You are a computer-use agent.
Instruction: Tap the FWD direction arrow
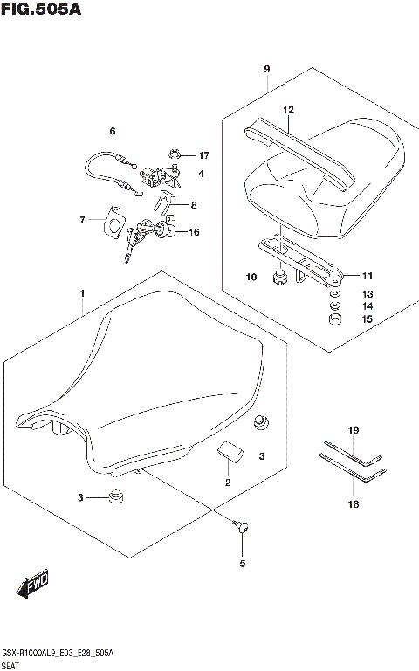tap(32, 582)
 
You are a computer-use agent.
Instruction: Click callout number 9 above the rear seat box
tap(267, 69)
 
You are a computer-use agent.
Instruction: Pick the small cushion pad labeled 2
tap(230, 455)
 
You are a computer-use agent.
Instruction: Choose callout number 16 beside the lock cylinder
tap(194, 232)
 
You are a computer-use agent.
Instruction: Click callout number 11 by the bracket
tap(367, 276)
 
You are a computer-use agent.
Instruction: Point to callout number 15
tap(367, 319)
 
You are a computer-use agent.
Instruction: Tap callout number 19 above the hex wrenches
tap(354, 430)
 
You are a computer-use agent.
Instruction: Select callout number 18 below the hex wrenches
tap(354, 503)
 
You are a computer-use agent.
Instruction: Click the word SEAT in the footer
tap(12, 663)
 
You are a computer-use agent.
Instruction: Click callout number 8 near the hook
tap(193, 206)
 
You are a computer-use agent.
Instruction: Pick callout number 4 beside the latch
tap(201, 174)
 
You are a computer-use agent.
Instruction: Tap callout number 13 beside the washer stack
tap(367, 294)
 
